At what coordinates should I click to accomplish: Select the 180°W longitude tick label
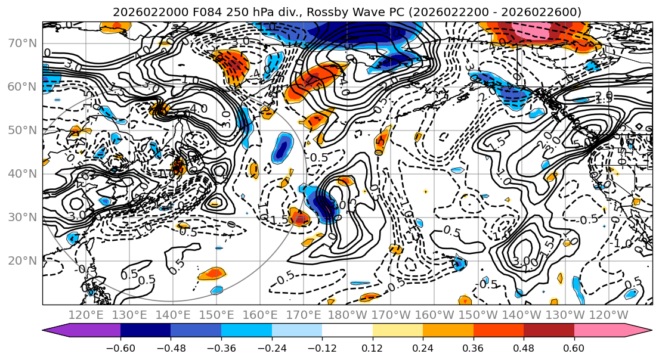click(347, 315)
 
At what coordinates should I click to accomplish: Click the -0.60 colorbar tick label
click(120, 347)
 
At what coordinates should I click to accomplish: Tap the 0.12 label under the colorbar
click(373, 347)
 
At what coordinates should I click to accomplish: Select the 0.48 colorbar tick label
click(524, 347)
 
